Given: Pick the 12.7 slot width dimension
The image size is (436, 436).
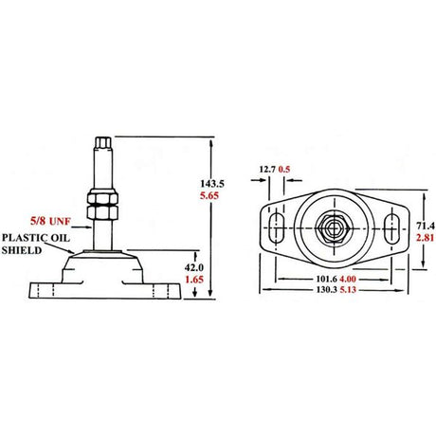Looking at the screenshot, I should pos(267,172).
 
